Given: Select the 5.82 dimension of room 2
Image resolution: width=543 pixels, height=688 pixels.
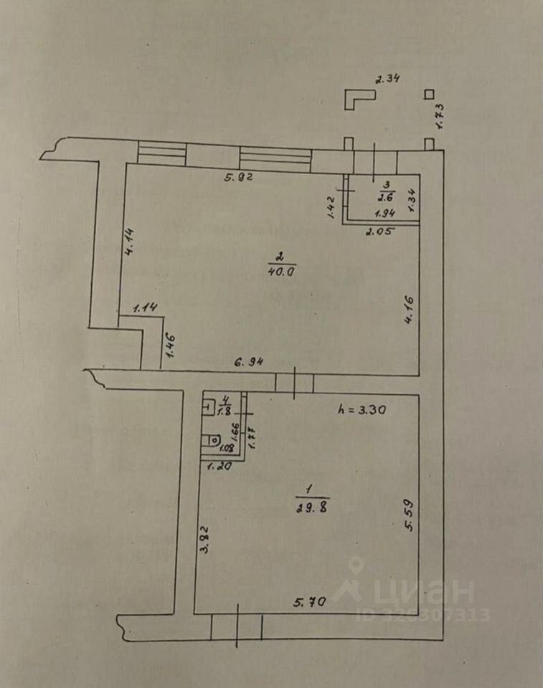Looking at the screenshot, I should pyautogui.click(x=236, y=177).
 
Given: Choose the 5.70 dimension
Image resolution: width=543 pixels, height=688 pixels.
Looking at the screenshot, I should pyautogui.click(x=310, y=603).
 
